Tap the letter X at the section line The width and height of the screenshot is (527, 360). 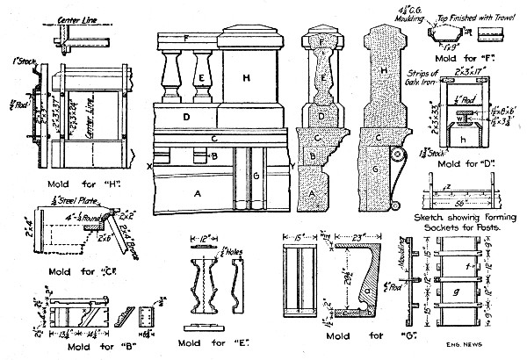pyautogui.click(x=151, y=164)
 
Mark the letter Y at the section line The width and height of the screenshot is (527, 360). pyautogui.click(x=291, y=164)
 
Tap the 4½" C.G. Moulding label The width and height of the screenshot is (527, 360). pyautogui.click(x=426, y=11)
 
